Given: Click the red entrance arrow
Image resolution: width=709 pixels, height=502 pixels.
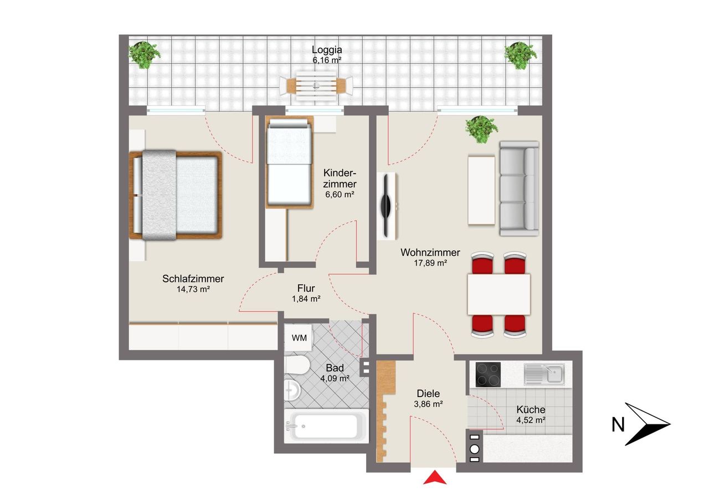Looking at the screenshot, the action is [x=435, y=478].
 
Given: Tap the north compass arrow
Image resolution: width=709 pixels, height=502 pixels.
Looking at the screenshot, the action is [x=648, y=424].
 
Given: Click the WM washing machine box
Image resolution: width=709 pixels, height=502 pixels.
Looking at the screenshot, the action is [x=298, y=337].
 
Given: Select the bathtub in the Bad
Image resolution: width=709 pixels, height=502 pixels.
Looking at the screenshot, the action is [x=326, y=426].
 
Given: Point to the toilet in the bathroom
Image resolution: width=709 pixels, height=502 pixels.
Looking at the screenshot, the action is [x=296, y=365].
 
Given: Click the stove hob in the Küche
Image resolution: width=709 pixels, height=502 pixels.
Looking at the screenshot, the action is [x=489, y=374].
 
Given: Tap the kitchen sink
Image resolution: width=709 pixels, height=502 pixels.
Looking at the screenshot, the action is [x=544, y=374].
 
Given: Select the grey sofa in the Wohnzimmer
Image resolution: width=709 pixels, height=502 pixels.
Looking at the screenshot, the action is [x=519, y=189].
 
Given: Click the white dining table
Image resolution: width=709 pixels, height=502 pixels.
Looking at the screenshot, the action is [x=499, y=295].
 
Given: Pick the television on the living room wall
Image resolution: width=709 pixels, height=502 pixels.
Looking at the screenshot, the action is [x=387, y=206].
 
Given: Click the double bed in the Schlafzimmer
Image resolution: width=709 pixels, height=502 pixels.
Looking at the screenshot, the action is [x=176, y=195].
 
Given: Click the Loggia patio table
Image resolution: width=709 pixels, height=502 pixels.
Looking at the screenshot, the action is [x=316, y=85].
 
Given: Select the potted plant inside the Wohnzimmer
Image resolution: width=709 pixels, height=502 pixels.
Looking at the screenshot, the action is [x=481, y=129].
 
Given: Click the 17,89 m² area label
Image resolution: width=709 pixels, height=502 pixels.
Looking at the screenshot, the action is [x=430, y=263].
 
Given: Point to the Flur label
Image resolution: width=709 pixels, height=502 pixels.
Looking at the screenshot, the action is [x=306, y=288].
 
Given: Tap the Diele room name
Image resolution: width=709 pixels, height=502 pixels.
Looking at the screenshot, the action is [x=428, y=393].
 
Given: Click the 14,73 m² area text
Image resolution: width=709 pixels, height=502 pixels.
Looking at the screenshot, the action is [x=193, y=289].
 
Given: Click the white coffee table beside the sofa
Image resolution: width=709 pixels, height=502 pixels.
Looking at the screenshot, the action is [x=481, y=190].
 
